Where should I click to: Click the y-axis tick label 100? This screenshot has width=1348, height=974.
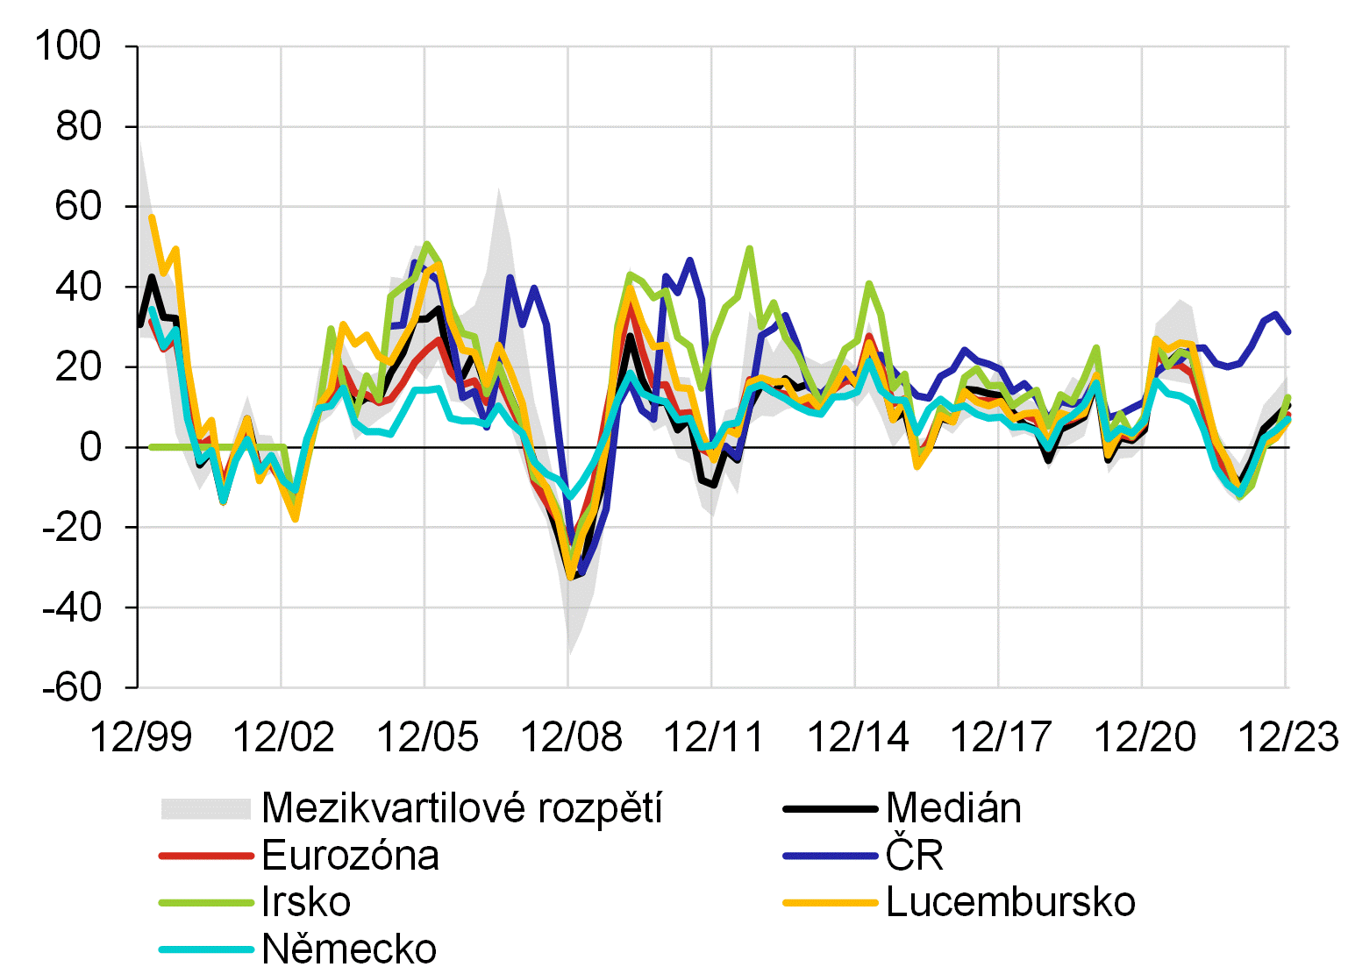coord(68,46)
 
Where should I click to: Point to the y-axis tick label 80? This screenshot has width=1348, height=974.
coord(79,126)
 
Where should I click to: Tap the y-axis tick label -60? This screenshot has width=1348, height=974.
coord(72,687)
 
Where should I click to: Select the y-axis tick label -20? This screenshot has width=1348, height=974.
coord(72,528)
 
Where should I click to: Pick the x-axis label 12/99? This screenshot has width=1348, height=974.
coord(140,736)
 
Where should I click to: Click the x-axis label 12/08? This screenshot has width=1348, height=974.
coord(571,736)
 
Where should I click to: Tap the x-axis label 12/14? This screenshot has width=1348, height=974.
coord(857,736)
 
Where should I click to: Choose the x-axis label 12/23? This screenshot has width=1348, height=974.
coord(1287,736)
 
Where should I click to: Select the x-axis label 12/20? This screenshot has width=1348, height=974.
coord(1144,736)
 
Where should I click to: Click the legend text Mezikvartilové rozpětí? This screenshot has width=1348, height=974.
coord(461,807)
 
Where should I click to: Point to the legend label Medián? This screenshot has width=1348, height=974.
coord(953,807)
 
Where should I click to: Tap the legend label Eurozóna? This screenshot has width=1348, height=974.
coord(350,855)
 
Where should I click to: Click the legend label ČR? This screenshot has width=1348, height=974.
coord(914,855)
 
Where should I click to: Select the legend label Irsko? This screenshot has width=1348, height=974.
coord(306,902)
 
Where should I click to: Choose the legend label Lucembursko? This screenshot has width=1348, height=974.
coord(1010,902)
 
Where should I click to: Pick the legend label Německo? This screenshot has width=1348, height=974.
coord(349,949)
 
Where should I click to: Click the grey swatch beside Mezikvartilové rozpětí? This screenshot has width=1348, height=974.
coord(206,808)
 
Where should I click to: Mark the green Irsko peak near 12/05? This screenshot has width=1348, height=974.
coord(426,244)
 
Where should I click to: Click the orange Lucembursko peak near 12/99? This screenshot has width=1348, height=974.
coord(152,217)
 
